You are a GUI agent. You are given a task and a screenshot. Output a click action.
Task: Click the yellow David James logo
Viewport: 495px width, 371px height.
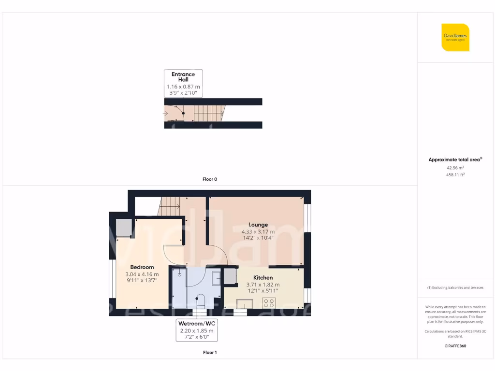click(455, 37)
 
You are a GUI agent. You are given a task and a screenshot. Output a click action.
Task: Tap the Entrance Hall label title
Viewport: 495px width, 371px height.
click(183, 77)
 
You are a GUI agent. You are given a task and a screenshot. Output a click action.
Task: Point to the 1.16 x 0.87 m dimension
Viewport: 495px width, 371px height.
click(183, 86)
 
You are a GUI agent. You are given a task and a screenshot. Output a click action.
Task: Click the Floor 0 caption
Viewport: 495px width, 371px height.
click(209, 179)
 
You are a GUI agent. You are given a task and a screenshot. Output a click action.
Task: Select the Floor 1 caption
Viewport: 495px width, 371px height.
click(209, 353)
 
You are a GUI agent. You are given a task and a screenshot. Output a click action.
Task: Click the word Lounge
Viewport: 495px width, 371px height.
click(258, 225)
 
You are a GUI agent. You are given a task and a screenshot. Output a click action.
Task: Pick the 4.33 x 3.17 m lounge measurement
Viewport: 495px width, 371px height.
click(258, 232)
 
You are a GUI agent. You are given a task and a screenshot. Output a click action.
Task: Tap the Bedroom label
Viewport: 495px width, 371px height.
click(142, 267)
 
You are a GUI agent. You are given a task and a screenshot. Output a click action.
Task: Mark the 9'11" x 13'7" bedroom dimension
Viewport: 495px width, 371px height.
click(142, 280)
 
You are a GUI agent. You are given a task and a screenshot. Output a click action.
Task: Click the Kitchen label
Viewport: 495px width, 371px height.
click(263, 278)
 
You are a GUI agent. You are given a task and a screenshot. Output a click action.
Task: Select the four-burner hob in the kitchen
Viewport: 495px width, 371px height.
click(269, 303)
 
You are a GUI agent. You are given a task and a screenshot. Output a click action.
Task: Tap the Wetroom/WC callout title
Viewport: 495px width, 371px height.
click(196, 323)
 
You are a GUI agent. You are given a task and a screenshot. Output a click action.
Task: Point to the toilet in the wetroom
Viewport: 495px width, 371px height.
click(200, 300)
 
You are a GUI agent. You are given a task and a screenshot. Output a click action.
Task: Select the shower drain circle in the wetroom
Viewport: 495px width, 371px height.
click(179, 274)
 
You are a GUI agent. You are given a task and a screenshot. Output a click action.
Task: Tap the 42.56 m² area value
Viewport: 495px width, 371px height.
click(455, 168)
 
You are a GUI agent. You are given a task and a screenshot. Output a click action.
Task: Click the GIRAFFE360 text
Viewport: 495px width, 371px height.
click(455, 346)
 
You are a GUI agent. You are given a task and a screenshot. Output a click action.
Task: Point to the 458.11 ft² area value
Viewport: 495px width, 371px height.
click(455, 175)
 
